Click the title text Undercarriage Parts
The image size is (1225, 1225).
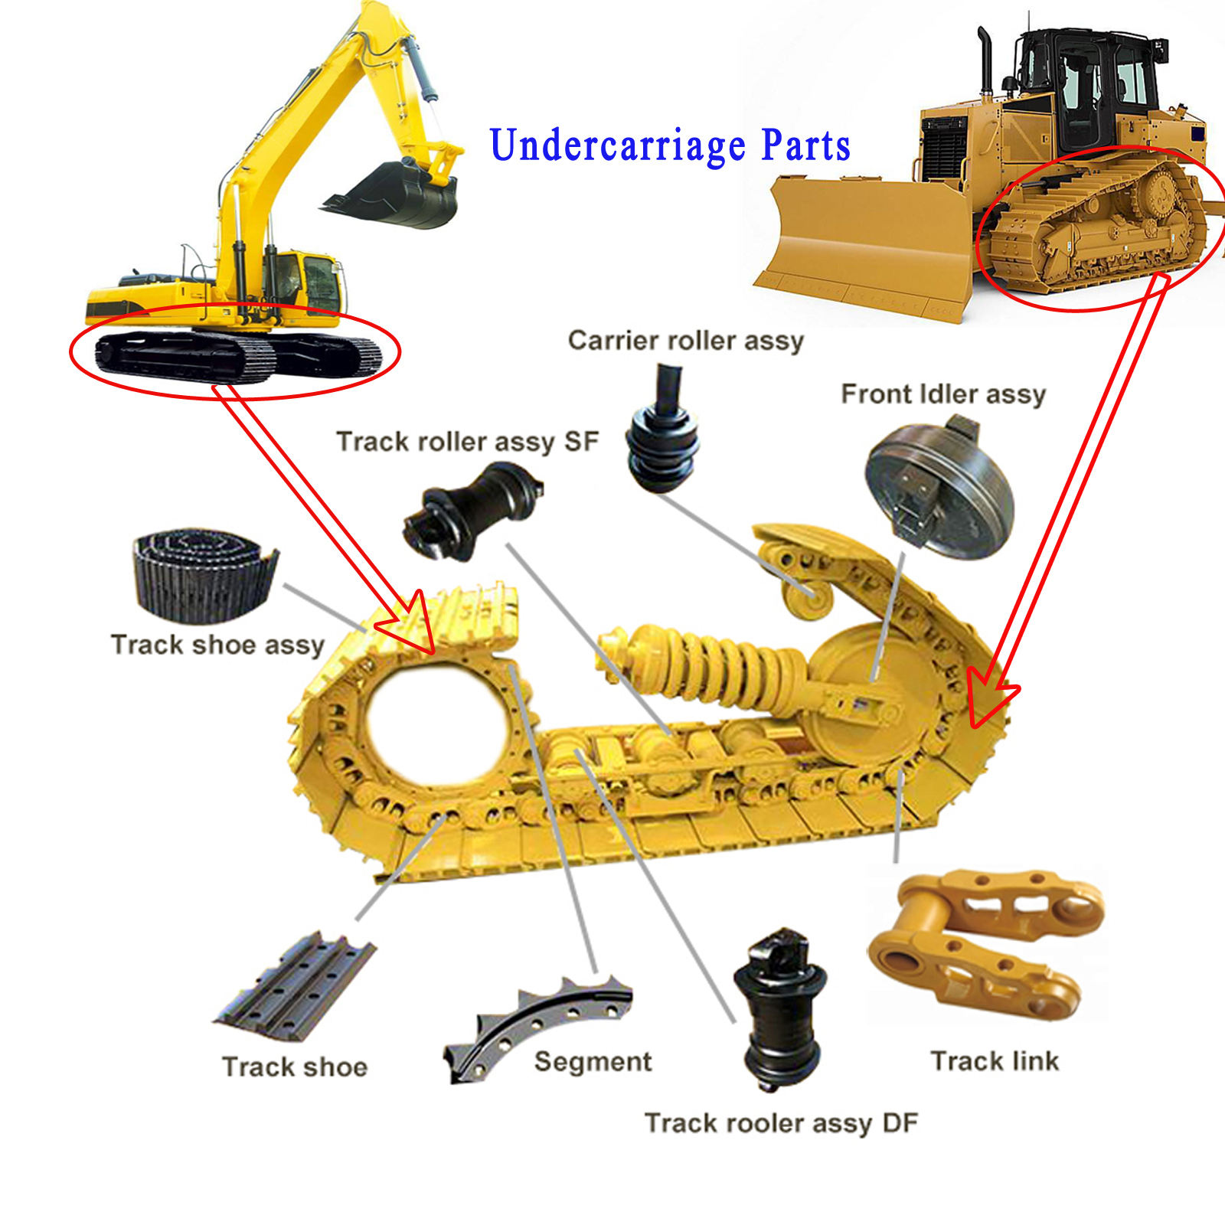(x=670, y=145)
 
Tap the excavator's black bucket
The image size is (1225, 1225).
(x=398, y=195)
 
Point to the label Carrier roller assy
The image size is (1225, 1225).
(x=685, y=341)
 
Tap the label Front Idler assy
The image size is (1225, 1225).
(x=943, y=394)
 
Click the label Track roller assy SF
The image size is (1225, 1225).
(x=467, y=442)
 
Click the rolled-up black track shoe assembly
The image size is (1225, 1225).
(x=203, y=574)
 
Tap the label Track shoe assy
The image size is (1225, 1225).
(x=217, y=645)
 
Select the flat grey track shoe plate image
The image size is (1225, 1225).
(x=295, y=988)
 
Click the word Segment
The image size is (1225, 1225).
(x=593, y=1062)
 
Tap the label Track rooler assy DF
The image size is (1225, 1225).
(x=781, y=1123)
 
